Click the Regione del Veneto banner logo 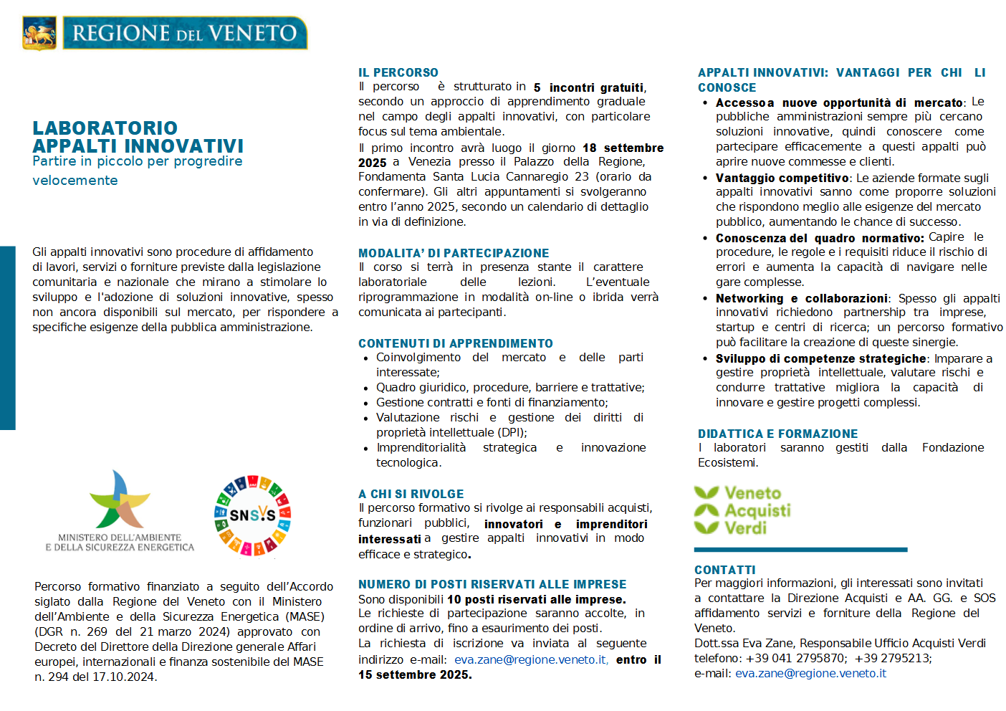point(185,33)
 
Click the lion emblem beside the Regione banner point(39,33)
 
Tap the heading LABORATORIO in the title point(105,128)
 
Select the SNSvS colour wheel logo point(252,515)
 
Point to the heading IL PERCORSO point(398,72)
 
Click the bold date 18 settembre point(623,148)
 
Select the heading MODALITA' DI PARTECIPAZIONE point(454,253)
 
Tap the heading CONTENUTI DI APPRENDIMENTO point(456,343)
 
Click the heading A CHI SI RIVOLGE point(411,494)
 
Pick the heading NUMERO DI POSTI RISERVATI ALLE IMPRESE point(492,584)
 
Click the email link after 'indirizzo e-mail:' point(531,659)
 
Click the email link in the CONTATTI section point(810,673)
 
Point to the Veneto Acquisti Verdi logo point(742,510)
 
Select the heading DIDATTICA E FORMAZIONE point(777,434)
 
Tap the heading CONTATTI point(724,570)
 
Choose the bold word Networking point(749,298)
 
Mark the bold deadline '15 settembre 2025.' point(415,674)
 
